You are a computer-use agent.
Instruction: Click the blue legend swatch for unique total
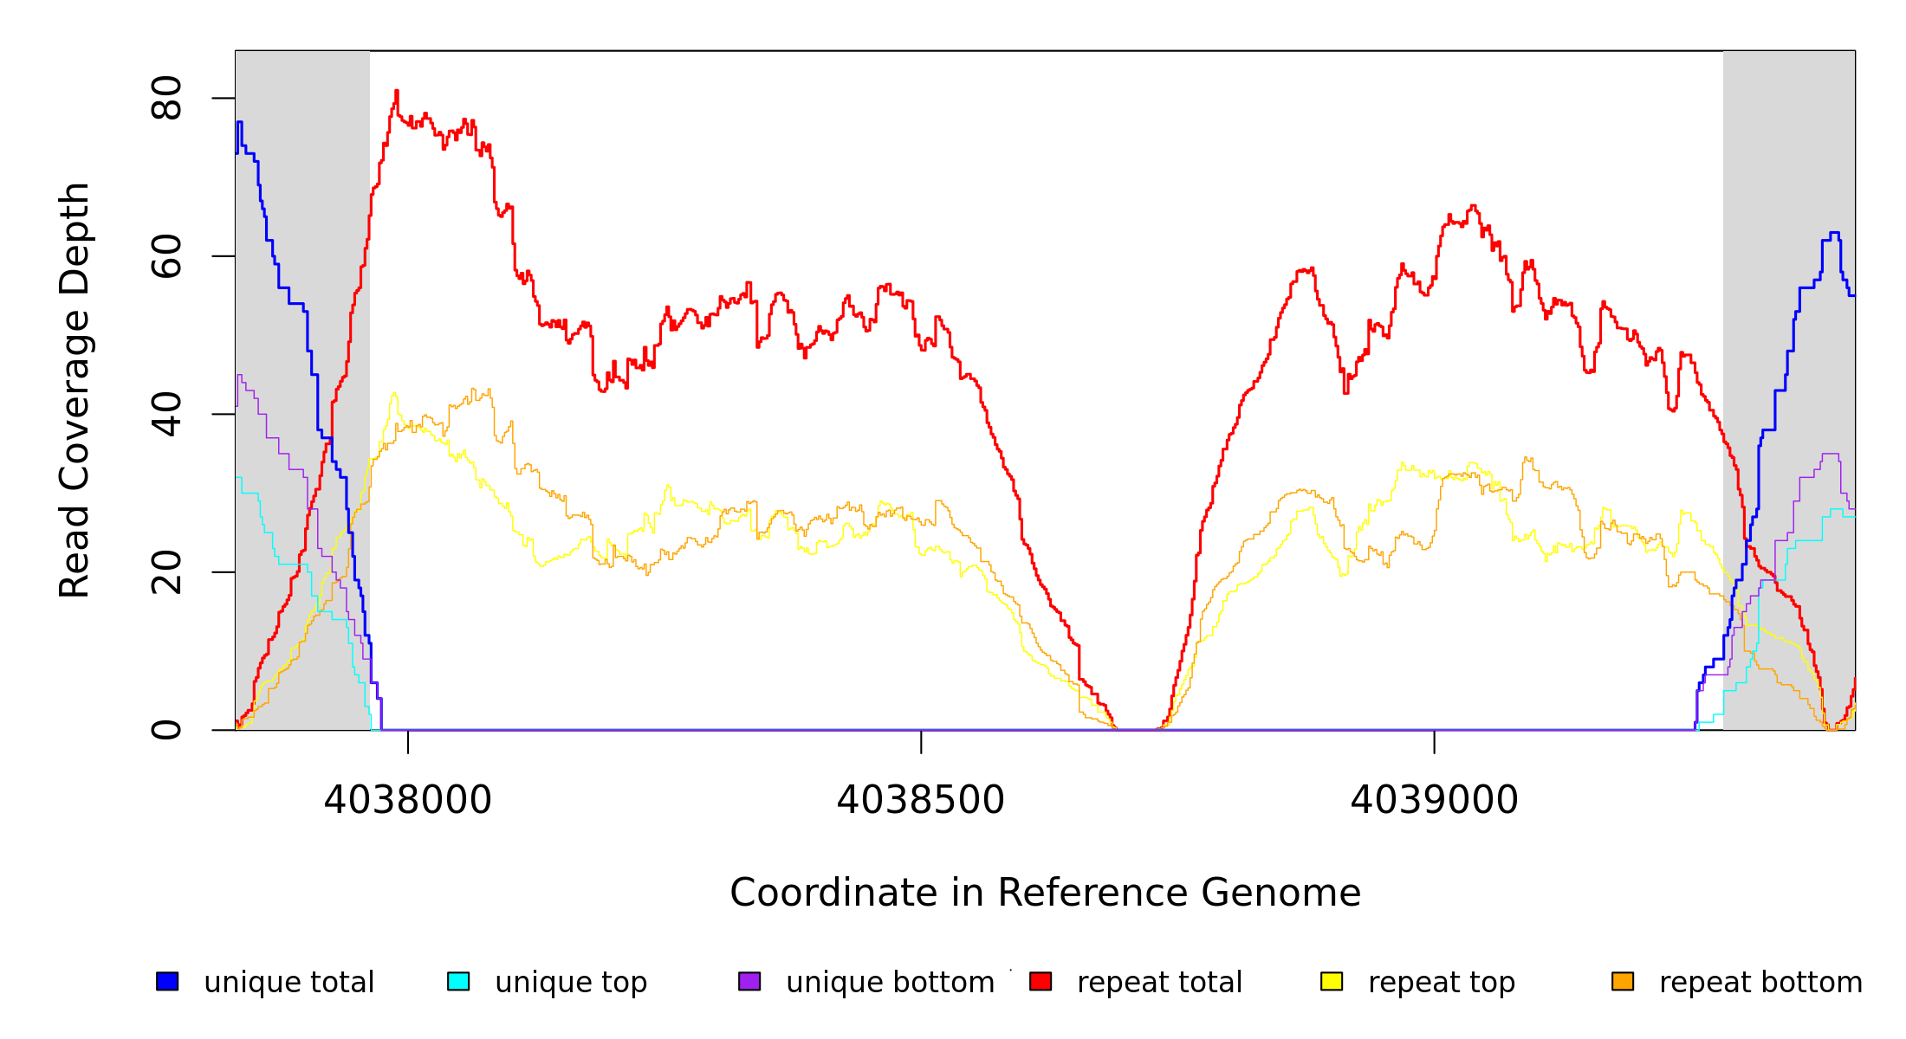[x=167, y=981]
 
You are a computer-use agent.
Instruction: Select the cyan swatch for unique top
[x=458, y=981]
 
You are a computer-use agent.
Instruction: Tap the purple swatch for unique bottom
[x=749, y=981]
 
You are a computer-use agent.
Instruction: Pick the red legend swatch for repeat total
[x=1041, y=981]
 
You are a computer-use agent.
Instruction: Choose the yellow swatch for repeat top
[x=1332, y=981]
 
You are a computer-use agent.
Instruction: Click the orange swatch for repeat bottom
[x=1623, y=981]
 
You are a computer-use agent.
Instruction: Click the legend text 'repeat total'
[x=1159, y=983]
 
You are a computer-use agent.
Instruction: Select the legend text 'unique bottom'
[x=890, y=983]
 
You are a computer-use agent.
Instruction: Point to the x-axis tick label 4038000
[x=407, y=800]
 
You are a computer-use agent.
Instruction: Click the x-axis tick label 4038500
[x=920, y=800]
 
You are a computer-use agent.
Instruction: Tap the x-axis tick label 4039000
[x=1434, y=800]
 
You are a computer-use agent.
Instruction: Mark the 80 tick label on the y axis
[x=166, y=98]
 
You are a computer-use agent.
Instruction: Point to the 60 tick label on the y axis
[x=166, y=256]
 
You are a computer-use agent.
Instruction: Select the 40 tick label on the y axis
[x=166, y=414]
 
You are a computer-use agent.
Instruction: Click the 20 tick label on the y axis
[x=166, y=572]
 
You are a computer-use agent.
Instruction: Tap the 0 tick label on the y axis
[x=166, y=730]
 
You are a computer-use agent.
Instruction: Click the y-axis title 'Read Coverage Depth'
[x=75, y=390]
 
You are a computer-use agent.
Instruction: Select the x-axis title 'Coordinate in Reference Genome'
[x=1045, y=893]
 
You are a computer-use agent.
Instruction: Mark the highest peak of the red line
[x=397, y=91]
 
